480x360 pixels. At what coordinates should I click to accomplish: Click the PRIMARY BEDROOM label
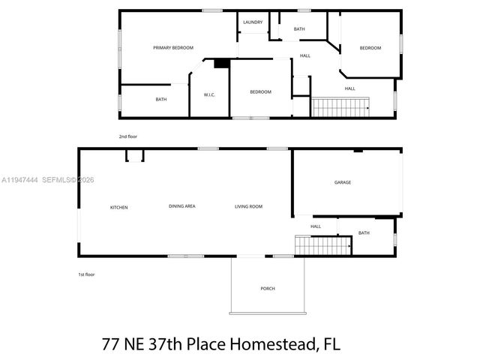coord(173,48)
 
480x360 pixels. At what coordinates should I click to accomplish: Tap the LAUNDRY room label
coord(253,22)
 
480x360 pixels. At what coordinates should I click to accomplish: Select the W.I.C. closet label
coord(210,94)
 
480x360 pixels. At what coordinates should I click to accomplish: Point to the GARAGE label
coord(343,182)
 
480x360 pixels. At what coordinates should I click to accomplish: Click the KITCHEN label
coord(119,207)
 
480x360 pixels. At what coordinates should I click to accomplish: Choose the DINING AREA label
coord(182,206)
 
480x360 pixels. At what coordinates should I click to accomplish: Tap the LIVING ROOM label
coord(248,206)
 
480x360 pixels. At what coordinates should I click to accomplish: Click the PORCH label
coord(268,289)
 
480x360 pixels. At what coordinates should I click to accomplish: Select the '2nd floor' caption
coord(128,136)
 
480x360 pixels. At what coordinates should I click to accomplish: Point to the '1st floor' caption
coord(87,274)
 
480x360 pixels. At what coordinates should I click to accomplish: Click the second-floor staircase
coord(341,107)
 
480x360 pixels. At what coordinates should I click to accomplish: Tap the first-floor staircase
coord(323,245)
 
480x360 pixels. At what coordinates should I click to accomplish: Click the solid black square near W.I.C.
coord(221,64)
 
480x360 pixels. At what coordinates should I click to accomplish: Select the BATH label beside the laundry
coord(299,29)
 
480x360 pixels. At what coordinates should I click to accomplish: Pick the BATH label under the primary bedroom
coord(161,100)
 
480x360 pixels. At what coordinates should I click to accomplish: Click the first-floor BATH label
coord(364,233)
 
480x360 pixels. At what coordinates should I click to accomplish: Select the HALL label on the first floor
coord(316,226)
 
